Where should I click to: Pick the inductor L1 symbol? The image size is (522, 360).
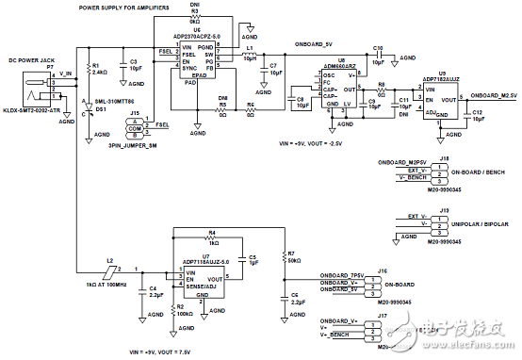251,56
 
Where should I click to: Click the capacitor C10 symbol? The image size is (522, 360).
377,56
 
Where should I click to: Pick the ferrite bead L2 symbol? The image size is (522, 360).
112,271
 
